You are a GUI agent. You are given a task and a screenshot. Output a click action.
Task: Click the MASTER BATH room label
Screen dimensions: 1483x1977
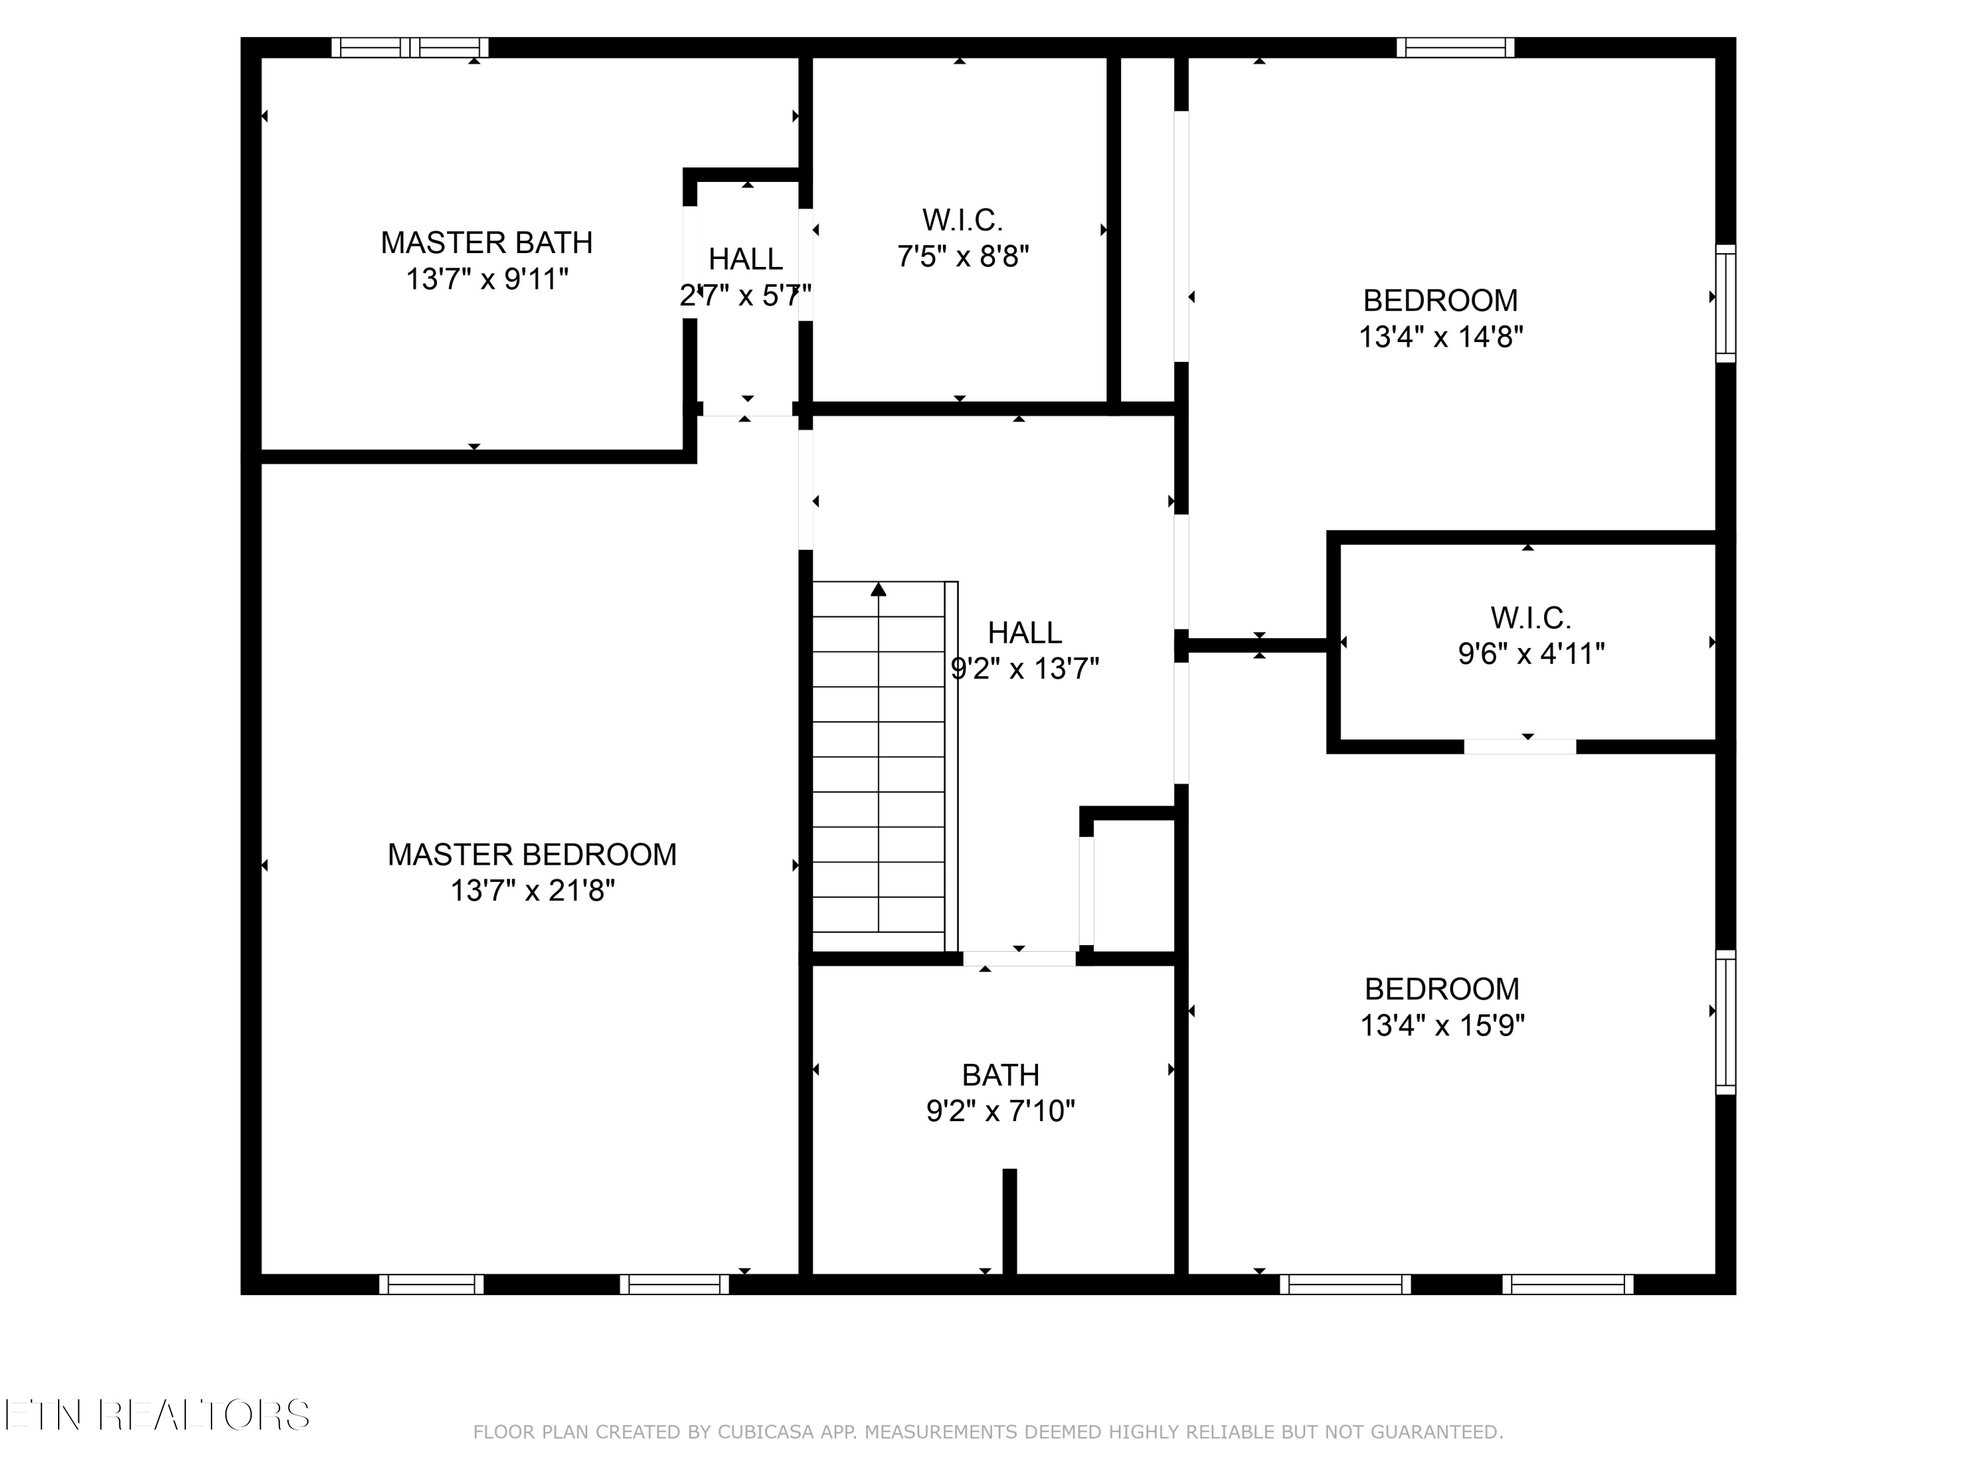486,243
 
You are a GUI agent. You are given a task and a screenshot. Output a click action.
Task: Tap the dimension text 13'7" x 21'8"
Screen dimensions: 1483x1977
532,890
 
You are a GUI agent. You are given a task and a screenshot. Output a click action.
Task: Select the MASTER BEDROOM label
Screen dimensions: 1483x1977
532,855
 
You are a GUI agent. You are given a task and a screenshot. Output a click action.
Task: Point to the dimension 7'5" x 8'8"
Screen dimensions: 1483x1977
963,256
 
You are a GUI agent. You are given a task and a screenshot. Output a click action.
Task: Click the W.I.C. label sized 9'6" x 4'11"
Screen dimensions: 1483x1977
1530,618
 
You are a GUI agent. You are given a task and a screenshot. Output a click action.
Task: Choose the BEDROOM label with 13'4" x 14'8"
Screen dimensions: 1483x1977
1440,301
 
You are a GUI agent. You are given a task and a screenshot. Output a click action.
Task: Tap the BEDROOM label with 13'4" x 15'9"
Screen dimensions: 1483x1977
1442,989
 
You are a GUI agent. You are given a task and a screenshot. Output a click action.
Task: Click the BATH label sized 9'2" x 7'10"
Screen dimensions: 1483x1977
1000,1074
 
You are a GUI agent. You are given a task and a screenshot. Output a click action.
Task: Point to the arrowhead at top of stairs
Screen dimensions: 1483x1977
878,589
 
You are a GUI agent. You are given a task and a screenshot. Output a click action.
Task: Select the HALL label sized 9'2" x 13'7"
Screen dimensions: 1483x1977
1024,633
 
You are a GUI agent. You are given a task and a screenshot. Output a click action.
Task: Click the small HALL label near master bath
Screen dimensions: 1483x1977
745,259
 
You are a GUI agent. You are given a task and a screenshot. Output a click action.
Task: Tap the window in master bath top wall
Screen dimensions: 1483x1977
411,47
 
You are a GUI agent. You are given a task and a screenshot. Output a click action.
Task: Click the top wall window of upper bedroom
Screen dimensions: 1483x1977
1455,47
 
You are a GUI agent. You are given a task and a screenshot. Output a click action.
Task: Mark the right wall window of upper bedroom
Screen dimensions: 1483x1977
1726,304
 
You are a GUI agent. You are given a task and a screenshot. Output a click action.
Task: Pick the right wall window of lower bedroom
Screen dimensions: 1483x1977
1726,1022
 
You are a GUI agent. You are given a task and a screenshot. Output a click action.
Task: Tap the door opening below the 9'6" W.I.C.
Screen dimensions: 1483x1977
1520,746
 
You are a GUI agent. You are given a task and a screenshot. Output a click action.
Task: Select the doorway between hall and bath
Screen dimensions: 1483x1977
1019,958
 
